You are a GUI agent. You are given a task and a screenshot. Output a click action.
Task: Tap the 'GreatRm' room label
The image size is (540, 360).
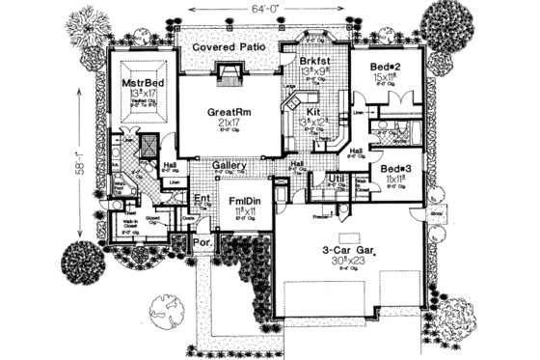click(x=229, y=112)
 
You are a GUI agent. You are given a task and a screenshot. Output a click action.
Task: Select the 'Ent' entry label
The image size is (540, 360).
click(x=202, y=200)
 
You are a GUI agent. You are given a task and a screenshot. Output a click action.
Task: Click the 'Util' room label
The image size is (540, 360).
click(x=337, y=179)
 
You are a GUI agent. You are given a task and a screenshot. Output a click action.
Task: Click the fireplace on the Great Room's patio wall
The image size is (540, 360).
click(x=229, y=73)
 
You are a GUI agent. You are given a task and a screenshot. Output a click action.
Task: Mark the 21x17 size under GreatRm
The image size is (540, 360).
click(x=229, y=125)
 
